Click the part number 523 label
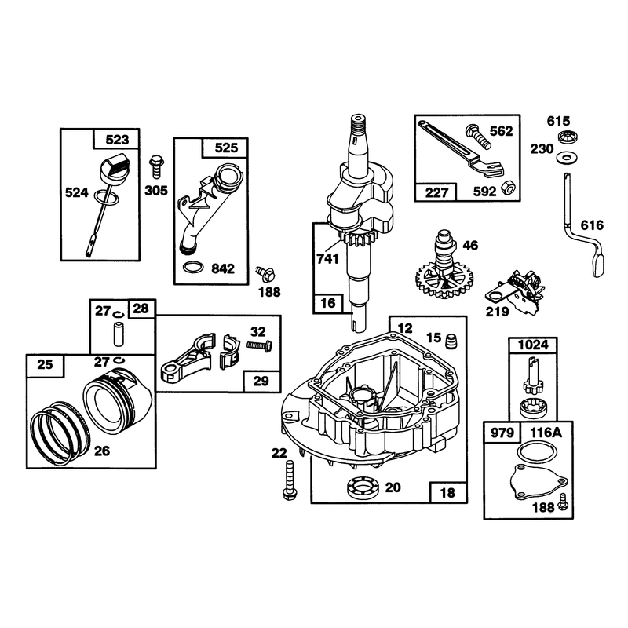click(117, 140)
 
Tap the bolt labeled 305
click(155, 167)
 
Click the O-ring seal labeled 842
click(192, 267)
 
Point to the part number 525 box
click(226, 148)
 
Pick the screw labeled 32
click(259, 345)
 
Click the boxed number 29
click(261, 381)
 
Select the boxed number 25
click(45, 364)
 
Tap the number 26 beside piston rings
click(102, 451)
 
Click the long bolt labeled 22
click(289, 480)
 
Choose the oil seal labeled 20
click(363, 488)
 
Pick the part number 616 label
click(592, 225)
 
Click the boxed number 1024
click(533, 345)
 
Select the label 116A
click(546, 433)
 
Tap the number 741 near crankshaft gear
click(328, 259)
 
